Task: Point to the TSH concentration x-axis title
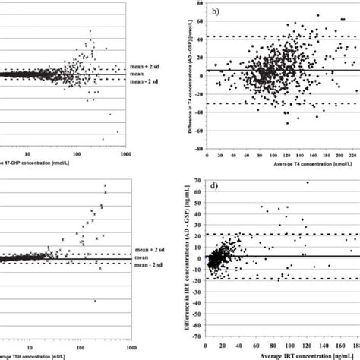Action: point(41,355)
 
